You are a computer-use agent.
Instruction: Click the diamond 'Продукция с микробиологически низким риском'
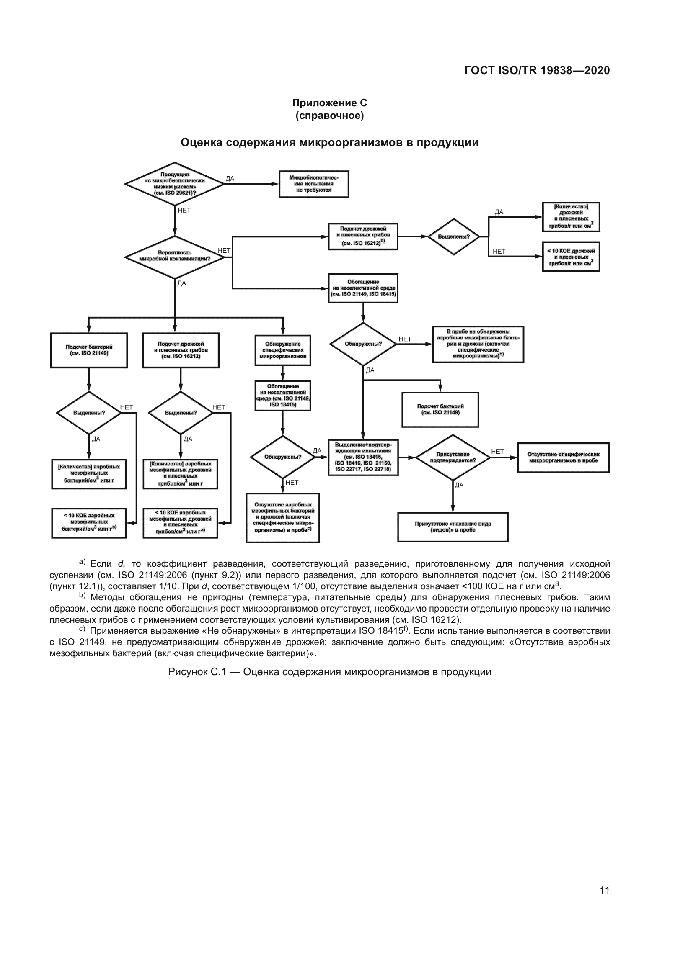click(175, 184)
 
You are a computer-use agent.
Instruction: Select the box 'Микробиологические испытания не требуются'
click(314, 184)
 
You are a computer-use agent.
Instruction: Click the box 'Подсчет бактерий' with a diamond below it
click(89, 350)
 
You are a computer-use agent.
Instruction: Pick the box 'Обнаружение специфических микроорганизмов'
click(282, 350)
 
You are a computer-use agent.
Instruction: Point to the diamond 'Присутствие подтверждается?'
click(453, 457)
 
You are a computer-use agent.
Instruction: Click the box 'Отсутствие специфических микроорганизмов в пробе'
click(563, 457)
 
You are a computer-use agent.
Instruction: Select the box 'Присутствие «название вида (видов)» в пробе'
click(453, 527)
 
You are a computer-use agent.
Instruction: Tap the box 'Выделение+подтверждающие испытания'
click(363, 457)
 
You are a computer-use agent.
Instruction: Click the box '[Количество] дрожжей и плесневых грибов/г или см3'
click(571, 217)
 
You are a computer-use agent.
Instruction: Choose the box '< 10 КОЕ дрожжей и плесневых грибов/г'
click(571, 257)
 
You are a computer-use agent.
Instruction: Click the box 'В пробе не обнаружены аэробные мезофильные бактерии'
click(478, 344)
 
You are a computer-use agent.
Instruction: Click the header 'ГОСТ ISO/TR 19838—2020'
click(537, 71)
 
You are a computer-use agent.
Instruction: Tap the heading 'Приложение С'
click(329, 103)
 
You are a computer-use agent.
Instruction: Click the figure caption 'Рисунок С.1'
click(329, 672)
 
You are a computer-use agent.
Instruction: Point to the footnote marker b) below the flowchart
click(83, 596)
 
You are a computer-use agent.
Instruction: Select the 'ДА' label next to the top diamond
click(230, 179)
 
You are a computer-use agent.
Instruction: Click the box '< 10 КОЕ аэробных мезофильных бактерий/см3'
click(89, 523)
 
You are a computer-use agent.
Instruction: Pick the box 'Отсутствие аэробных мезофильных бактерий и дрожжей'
click(282, 518)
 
